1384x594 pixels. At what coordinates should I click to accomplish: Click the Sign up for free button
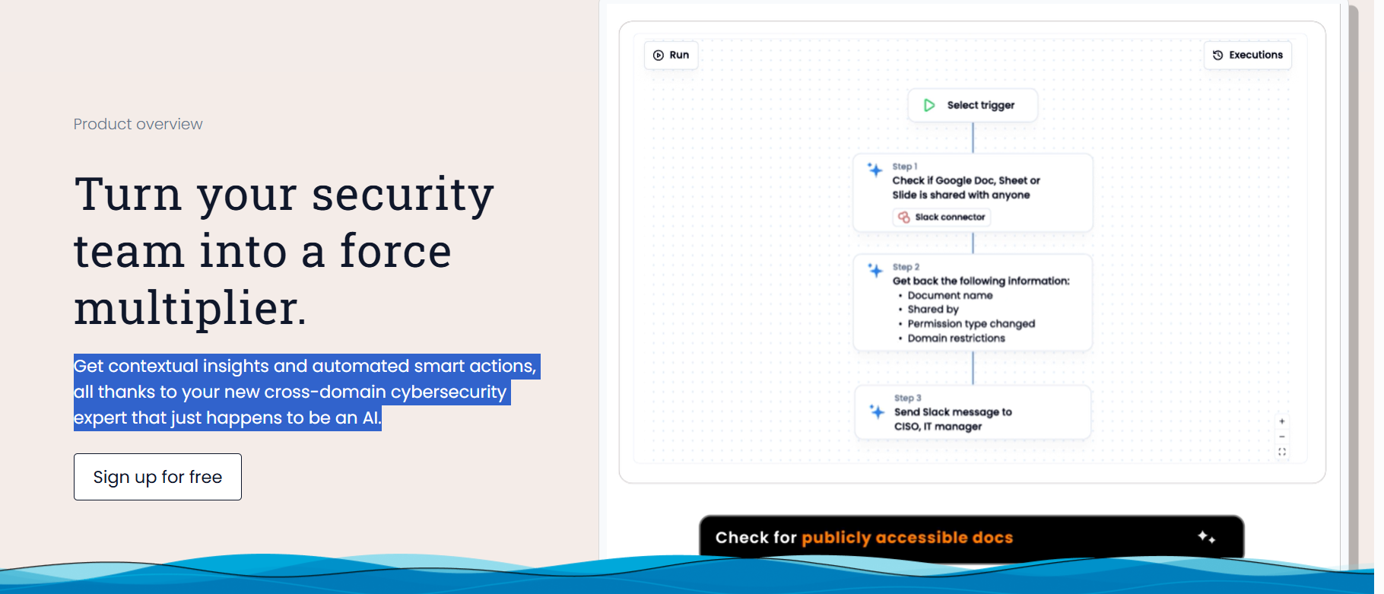tap(157, 477)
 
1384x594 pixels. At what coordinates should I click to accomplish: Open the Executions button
tap(1248, 55)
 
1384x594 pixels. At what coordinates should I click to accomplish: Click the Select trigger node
tap(973, 105)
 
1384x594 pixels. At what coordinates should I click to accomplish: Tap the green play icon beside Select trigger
tap(929, 105)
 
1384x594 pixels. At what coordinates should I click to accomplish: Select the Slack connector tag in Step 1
tap(941, 218)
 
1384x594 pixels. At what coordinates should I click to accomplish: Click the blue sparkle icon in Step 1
tap(875, 170)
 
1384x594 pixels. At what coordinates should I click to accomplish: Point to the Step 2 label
tap(906, 267)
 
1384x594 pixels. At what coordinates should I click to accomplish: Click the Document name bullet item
tap(950, 295)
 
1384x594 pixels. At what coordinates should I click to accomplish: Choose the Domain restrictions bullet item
tap(956, 338)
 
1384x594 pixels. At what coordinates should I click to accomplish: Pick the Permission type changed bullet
tap(971, 324)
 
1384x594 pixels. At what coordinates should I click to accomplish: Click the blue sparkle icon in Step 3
tap(877, 411)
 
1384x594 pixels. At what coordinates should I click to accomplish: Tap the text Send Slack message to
tap(953, 412)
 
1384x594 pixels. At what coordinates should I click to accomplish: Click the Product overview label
tap(138, 124)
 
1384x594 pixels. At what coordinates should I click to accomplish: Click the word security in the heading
tap(403, 195)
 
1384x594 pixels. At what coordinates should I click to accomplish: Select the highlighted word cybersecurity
tap(449, 392)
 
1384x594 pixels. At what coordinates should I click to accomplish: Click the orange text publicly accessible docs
tap(907, 538)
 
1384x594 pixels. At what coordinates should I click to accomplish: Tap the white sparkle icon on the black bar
tap(1206, 537)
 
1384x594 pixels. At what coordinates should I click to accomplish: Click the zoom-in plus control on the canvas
tap(1282, 421)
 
